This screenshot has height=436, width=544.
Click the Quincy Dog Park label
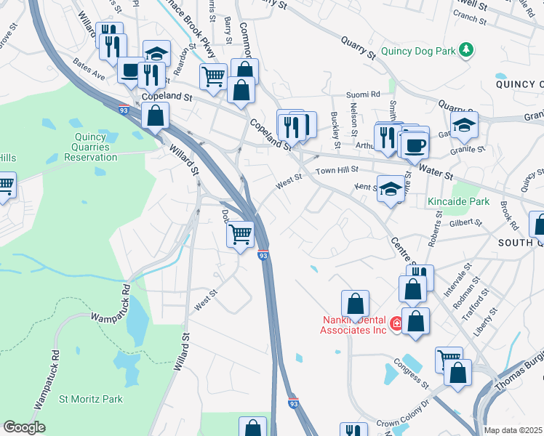417,49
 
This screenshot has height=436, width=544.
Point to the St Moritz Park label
91,399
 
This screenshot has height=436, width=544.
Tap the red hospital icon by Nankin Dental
396,323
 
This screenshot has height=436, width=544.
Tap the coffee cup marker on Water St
415,145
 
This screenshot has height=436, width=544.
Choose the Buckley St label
336,124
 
